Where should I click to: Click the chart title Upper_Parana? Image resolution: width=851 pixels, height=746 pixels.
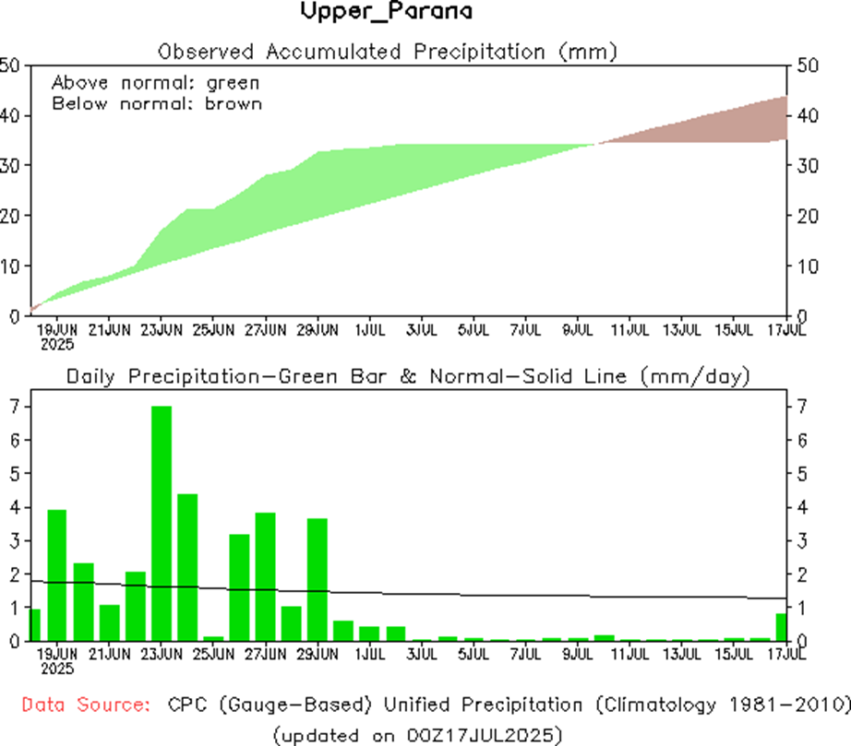(387, 13)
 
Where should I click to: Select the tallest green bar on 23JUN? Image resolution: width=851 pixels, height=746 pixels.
(161, 523)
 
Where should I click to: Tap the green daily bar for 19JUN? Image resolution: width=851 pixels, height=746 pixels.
(56, 574)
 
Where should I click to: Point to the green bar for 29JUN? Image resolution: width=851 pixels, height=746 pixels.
(317, 579)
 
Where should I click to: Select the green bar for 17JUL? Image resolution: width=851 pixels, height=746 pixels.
(781, 627)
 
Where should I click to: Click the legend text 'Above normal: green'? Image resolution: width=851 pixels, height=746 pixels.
(155, 82)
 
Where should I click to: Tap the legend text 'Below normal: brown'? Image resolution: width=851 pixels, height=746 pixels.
(157, 103)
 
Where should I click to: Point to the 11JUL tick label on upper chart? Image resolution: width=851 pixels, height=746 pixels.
(629, 330)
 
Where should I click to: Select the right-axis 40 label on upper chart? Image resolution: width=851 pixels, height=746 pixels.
(803, 116)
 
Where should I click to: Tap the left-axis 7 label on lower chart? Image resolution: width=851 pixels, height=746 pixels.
(14, 407)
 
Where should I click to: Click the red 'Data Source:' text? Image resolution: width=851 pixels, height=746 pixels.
(86, 705)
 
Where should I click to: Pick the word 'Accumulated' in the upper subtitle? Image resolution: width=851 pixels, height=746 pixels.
(336, 50)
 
